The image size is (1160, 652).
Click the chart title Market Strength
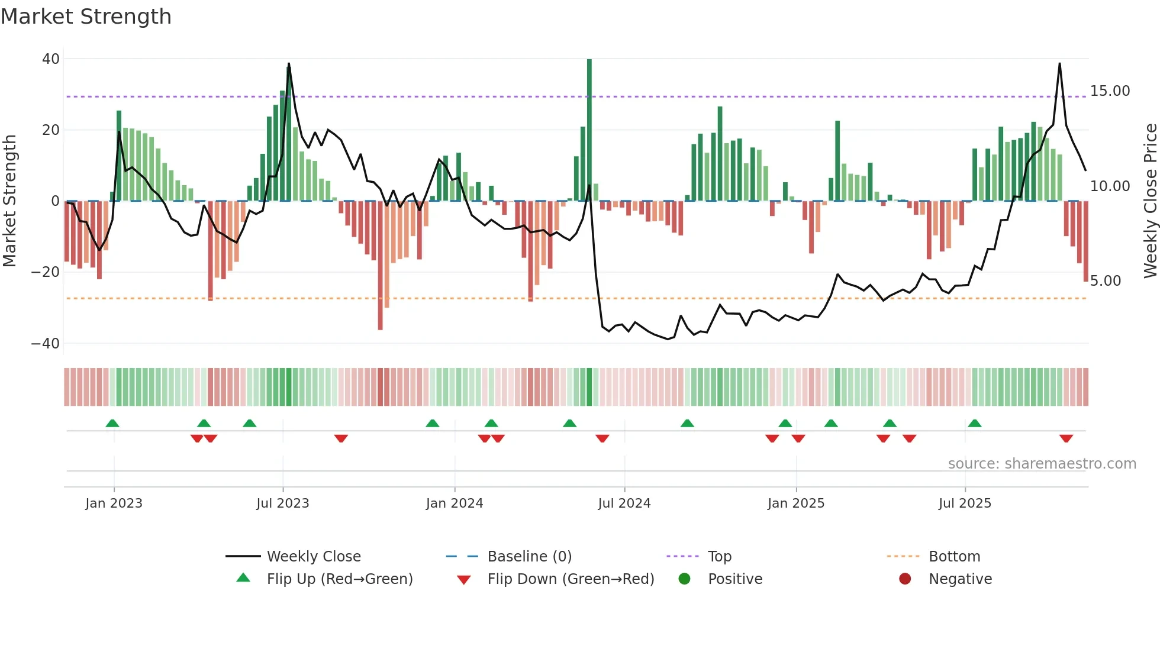[86, 17]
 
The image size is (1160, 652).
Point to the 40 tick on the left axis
[51, 59]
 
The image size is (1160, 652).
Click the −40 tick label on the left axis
[46, 344]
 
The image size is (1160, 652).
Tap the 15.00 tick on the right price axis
[1110, 91]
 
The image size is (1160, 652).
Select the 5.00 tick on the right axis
[1105, 281]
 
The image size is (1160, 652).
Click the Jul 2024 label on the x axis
[624, 503]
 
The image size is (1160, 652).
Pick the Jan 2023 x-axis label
[114, 503]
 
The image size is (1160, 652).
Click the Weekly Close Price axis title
[1150, 201]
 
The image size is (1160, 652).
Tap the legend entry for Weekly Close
[313, 557]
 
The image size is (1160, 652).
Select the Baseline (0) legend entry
[529, 557]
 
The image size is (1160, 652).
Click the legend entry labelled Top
[719, 557]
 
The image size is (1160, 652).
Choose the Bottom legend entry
[954, 557]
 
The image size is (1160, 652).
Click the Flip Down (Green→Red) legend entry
[571, 579]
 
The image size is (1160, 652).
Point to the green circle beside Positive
[684, 579]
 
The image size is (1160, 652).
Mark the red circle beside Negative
[904, 579]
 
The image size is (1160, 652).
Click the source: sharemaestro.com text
[1042, 464]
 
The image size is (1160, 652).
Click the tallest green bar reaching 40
[589, 130]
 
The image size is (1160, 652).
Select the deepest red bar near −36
[380, 266]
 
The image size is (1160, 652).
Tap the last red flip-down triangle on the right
[1066, 438]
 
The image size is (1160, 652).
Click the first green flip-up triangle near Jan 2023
[112, 423]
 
